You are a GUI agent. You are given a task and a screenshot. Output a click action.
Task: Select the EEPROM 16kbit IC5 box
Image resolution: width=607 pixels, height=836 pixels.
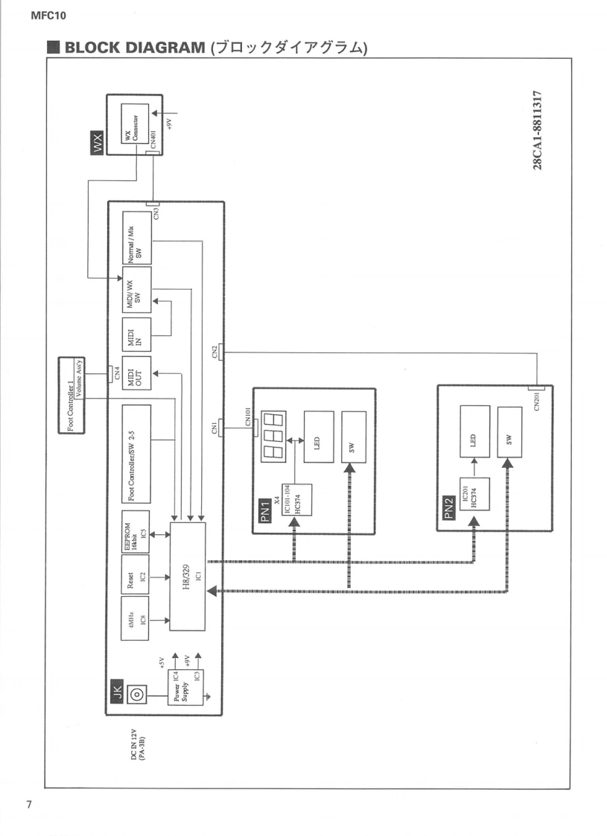(136, 533)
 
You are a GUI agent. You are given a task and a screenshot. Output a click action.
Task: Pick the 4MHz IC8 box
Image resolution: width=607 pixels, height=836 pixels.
(136, 618)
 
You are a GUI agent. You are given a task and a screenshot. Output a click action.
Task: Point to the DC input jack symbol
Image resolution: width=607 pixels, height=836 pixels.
(136, 693)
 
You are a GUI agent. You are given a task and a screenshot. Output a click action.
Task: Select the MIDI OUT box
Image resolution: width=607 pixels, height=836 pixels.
(136, 373)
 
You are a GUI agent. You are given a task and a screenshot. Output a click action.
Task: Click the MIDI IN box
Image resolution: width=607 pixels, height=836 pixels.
(136, 334)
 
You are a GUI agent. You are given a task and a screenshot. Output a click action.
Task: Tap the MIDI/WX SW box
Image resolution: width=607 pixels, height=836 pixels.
(136, 289)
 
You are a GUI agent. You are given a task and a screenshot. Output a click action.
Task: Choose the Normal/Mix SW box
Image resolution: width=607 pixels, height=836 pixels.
(136, 238)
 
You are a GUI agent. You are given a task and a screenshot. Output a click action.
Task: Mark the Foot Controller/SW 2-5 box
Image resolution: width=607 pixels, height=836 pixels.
(136, 454)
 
